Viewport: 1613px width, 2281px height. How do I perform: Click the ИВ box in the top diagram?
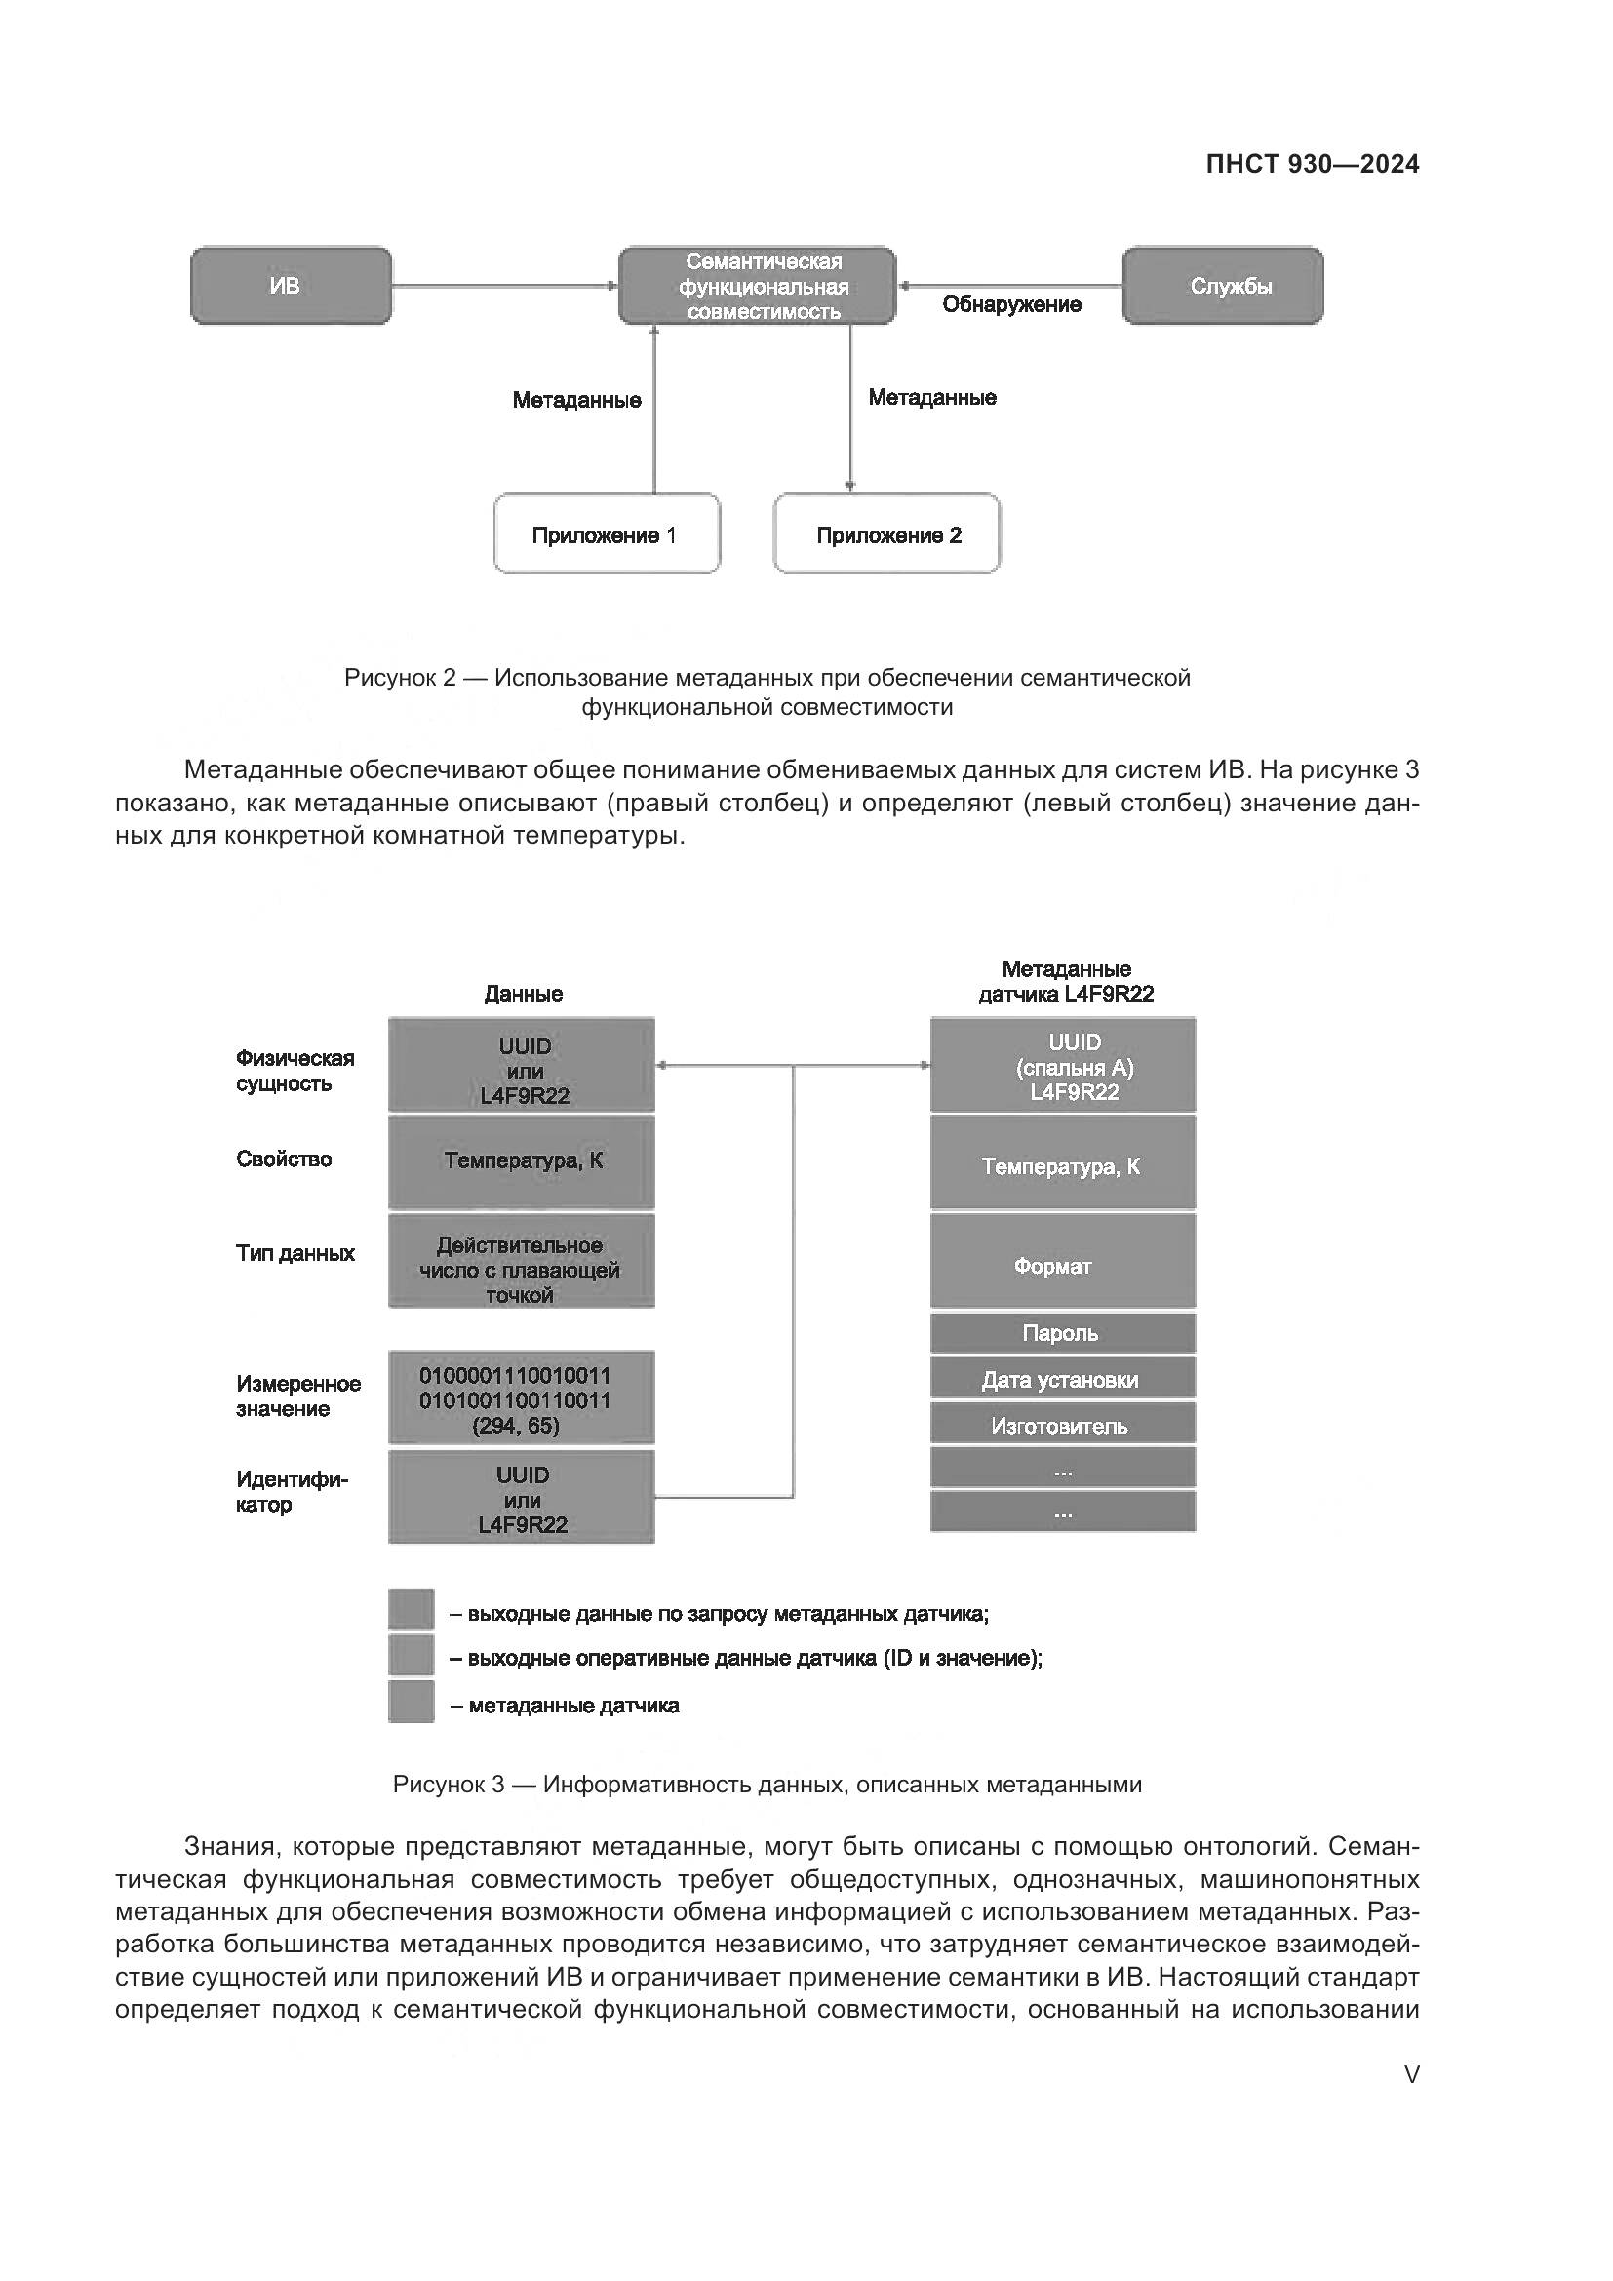[x=290, y=286]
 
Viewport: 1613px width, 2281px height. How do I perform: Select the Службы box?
[x=1223, y=286]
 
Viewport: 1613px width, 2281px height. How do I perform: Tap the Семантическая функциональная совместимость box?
[x=757, y=286]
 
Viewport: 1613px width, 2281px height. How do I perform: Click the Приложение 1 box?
[x=607, y=534]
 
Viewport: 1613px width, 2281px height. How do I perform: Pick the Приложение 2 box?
[x=886, y=534]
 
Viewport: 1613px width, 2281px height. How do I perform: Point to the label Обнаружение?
[x=1011, y=305]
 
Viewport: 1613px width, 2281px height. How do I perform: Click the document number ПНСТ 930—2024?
[x=1312, y=165]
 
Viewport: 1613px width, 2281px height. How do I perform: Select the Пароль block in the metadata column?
[x=1063, y=1333]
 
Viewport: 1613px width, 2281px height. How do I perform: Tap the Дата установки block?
[x=1063, y=1379]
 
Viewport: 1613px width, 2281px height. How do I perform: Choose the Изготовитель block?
[x=1063, y=1426]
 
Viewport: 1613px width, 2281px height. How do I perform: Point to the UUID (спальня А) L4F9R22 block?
[x=1063, y=1065]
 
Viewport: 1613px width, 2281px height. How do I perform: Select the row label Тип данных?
[x=295, y=1254]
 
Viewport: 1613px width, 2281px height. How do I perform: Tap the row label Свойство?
[x=284, y=1160]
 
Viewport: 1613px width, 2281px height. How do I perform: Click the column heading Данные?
[x=524, y=994]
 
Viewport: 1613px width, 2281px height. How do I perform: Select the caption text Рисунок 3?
[x=448, y=1785]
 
